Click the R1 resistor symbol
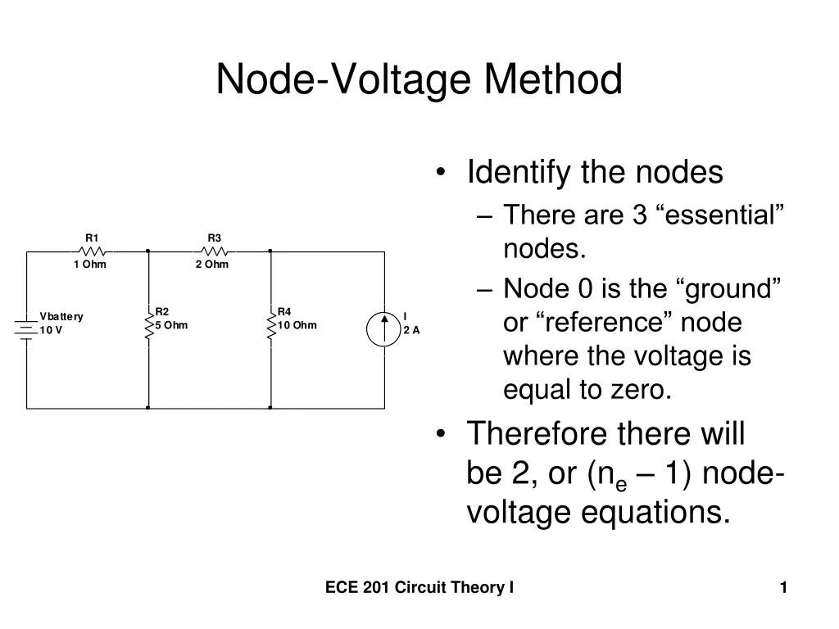click(x=93, y=251)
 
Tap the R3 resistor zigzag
click(x=214, y=251)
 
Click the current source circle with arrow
click(x=384, y=328)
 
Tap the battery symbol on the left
click(x=26, y=327)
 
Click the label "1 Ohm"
click(x=89, y=265)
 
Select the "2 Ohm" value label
click(x=211, y=265)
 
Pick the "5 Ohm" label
click(x=171, y=325)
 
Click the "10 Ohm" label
click(x=297, y=325)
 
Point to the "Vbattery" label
click(x=61, y=317)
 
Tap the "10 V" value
click(x=51, y=330)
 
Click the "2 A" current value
click(x=411, y=330)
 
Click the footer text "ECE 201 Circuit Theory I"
click(x=419, y=586)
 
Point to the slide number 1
click(x=783, y=586)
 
